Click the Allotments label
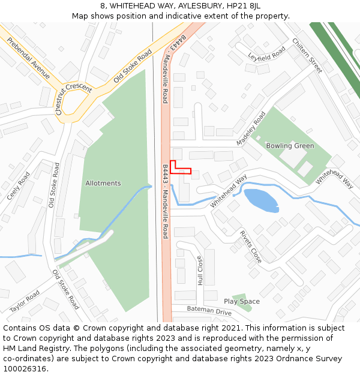click(103, 184)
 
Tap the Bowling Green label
click(290, 146)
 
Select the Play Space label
click(242, 301)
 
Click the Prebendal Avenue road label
click(29, 58)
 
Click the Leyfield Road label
click(266, 55)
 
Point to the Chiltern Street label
click(307, 56)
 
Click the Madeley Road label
click(250, 128)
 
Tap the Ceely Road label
click(19, 186)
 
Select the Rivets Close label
click(251, 247)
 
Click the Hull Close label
click(200, 270)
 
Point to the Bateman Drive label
click(209, 310)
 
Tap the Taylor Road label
click(25, 301)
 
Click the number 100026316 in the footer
click(25, 369)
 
